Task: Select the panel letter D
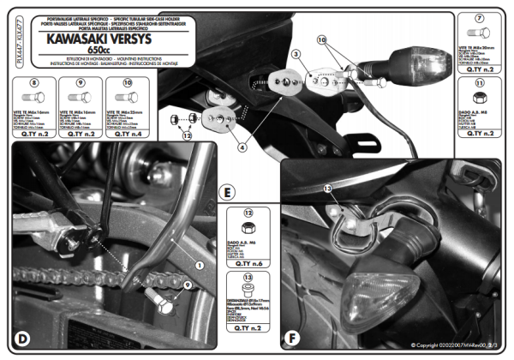(x=23, y=339)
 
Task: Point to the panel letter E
(x=225, y=191)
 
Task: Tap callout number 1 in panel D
(x=200, y=267)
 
